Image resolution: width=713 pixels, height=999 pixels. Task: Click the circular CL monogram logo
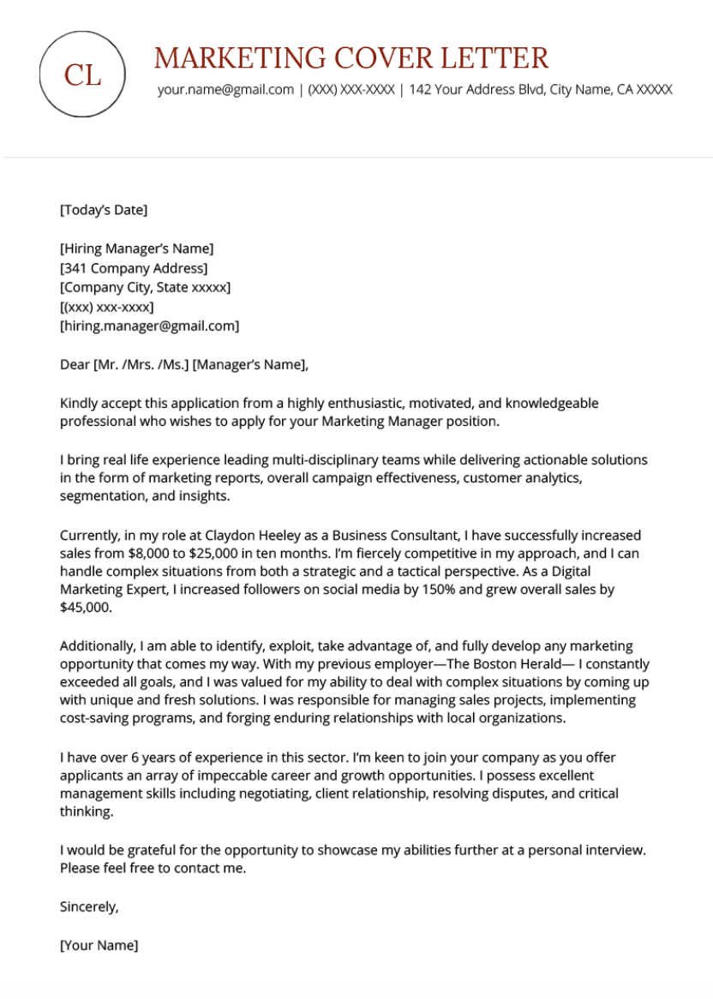(82, 75)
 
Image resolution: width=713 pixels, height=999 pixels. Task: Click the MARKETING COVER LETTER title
(351, 58)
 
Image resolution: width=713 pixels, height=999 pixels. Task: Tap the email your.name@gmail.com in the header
(225, 90)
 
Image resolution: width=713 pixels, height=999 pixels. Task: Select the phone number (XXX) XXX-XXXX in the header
(351, 90)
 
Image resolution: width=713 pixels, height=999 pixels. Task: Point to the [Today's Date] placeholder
(104, 210)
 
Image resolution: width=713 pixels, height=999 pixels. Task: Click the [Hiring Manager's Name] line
(136, 248)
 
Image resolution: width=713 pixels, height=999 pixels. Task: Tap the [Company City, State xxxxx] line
(145, 287)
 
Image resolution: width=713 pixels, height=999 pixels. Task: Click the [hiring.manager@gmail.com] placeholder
(149, 326)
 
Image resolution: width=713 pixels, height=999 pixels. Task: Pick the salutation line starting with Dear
(183, 365)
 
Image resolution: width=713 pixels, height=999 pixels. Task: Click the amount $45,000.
(86, 607)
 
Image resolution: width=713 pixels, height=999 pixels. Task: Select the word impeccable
(257, 775)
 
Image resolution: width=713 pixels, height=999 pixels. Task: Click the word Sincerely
(89, 906)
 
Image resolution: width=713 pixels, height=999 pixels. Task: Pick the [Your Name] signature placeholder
(99, 945)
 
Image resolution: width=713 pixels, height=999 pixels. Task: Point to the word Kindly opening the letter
(79, 403)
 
